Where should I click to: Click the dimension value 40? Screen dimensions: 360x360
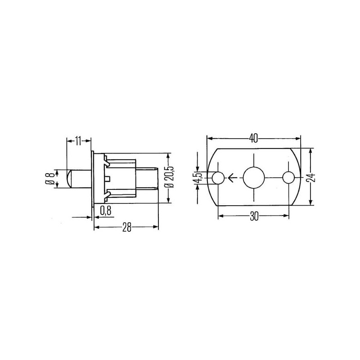253,138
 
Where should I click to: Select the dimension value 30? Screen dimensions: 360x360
254,216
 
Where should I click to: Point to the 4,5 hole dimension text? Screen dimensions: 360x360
199,177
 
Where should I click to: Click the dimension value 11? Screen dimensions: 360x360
78,141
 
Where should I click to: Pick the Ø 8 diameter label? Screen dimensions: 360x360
50,179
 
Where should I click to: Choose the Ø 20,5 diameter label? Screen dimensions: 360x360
170,178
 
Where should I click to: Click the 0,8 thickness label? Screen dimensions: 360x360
106,211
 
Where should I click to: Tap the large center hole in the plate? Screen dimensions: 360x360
254,177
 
